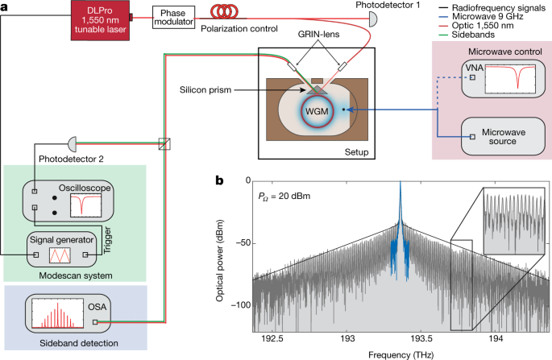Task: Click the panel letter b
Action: pos(219,181)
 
